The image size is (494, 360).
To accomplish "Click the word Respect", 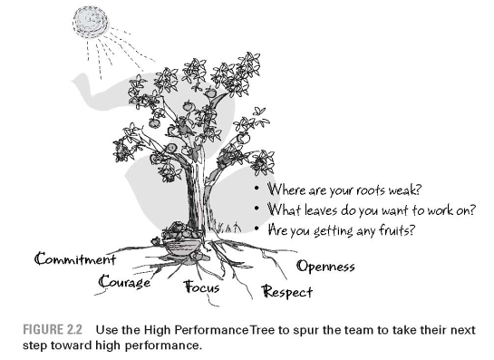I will pyautogui.click(x=287, y=292).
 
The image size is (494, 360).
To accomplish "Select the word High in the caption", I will pyautogui.click(x=158, y=326).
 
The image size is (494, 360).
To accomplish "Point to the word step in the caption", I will pyautogui.click(x=42, y=341).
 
